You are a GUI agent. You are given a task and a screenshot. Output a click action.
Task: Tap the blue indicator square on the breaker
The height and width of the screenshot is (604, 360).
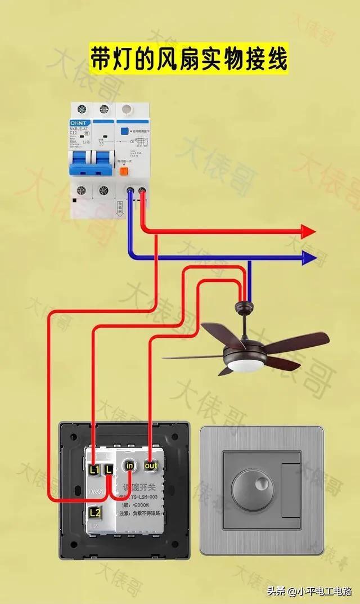click(x=121, y=129)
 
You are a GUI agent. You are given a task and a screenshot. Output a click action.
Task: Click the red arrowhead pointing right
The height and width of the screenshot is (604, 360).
click(x=308, y=231)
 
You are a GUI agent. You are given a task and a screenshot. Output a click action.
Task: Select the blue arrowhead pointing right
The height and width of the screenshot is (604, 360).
click(x=309, y=258)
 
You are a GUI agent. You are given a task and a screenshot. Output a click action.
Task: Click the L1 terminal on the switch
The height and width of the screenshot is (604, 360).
click(x=94, y=468)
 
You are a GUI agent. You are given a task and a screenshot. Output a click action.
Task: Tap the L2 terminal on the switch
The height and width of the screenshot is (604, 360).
click(x=94, y=512)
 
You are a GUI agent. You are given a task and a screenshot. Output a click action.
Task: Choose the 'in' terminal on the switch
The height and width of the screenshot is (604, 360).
click(x=130, y=466)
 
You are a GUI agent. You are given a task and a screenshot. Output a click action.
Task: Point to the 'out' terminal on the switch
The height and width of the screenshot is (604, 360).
click(x=150, y=466)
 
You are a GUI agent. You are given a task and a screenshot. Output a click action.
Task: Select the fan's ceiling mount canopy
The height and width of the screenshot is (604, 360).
click(x=244, y=307)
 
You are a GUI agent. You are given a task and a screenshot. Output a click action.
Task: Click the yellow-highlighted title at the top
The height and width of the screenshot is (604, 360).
click(x=189, y=59)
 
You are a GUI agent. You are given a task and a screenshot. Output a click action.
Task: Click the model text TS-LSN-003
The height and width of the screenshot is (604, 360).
click(x=147, y=496)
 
